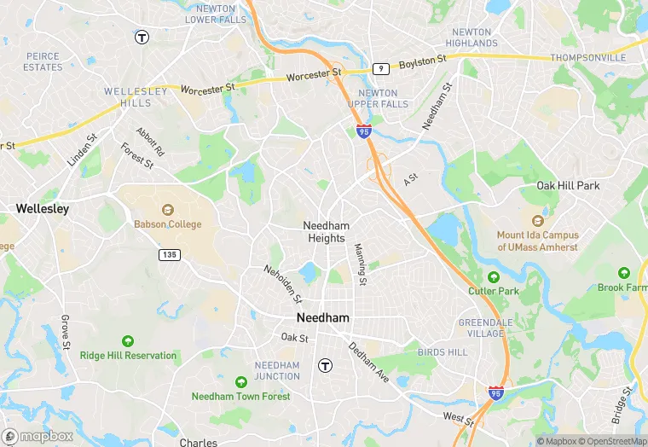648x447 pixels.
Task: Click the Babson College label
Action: pos(168,224)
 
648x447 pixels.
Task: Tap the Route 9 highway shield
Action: pos(381,68)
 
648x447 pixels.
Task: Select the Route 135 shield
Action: pos(168,254)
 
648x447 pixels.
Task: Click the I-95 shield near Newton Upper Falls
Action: pos(364,131)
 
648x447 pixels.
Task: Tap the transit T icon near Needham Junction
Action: pos(325,365)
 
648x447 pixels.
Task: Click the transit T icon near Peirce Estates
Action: pos(142,37)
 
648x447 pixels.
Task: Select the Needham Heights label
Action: pos(326,232)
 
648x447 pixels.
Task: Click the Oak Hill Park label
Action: pos(568,185)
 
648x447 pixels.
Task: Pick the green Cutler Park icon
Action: pos(493,277)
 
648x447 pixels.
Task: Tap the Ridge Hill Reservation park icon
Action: pos(128,341)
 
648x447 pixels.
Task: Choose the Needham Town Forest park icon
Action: pos(241,382)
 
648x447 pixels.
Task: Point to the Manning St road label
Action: pos(361,264)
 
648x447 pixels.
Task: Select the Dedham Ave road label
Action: pos(368,362)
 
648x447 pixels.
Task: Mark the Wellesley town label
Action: pos(43,208)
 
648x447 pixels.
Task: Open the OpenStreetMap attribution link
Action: pos(611,441)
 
